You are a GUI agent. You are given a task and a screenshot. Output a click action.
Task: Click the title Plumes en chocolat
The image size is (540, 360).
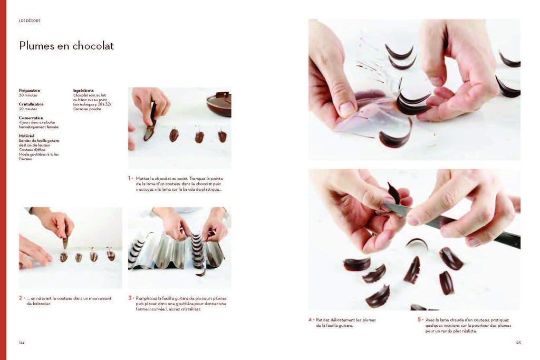tap(66, 46)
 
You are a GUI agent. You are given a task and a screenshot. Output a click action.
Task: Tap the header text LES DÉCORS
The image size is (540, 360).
tap(30, 21)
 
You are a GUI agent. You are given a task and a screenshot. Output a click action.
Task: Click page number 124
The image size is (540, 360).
tap(22, 343)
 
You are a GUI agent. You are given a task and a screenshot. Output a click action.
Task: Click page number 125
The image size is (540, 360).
tap(517, 343)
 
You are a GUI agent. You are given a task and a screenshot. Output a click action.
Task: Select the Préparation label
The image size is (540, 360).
tap(30, 91)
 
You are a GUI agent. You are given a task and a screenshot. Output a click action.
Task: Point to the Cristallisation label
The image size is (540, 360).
tap(32, 104)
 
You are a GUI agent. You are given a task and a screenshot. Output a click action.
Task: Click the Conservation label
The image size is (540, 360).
tap(31, 118)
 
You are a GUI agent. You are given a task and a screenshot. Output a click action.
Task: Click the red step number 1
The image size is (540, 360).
tap(130, 178)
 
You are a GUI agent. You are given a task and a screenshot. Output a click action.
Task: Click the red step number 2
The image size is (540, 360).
tap(21, 298)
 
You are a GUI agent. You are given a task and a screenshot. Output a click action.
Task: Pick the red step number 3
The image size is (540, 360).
tap(130, 298)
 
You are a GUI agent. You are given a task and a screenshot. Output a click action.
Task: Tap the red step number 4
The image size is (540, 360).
tap(310, 320)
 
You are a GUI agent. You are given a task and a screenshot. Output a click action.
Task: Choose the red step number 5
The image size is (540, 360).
tap(419, 320)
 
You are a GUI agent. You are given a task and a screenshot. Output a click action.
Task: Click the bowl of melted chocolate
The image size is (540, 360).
tap(219, 103)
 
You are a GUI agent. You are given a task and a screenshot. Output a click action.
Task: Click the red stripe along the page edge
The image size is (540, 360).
tap(3, 179)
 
